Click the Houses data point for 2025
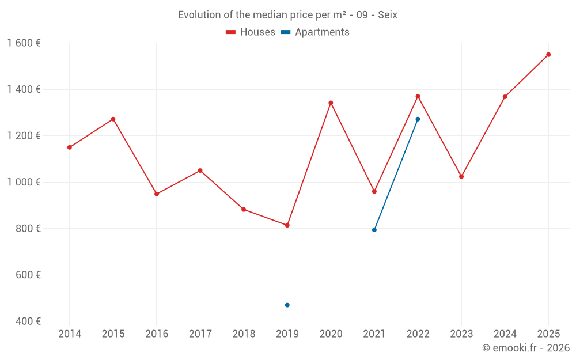tap(548, 55)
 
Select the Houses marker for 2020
tap(331, 103)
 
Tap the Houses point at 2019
tap(287, 225)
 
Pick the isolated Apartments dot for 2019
tap(287, 305)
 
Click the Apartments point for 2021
tap(374, 230)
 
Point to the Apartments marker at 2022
tap(418, 119)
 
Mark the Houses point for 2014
tap(70, 147)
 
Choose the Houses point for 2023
tap(461, 176)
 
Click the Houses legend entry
tap(251, 32)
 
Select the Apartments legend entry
tap(315, 32)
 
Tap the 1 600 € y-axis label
tap(24, 43)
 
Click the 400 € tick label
tap(28, 321)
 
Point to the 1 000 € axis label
tap(24, 182)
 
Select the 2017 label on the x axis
tap(200, 334)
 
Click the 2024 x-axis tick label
tap(505, 334)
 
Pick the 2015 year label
tap(113, 334)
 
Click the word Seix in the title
tap(387, 15)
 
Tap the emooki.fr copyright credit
tap(526, 348)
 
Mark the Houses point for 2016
tap(157, 194)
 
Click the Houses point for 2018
tap(244, 210)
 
